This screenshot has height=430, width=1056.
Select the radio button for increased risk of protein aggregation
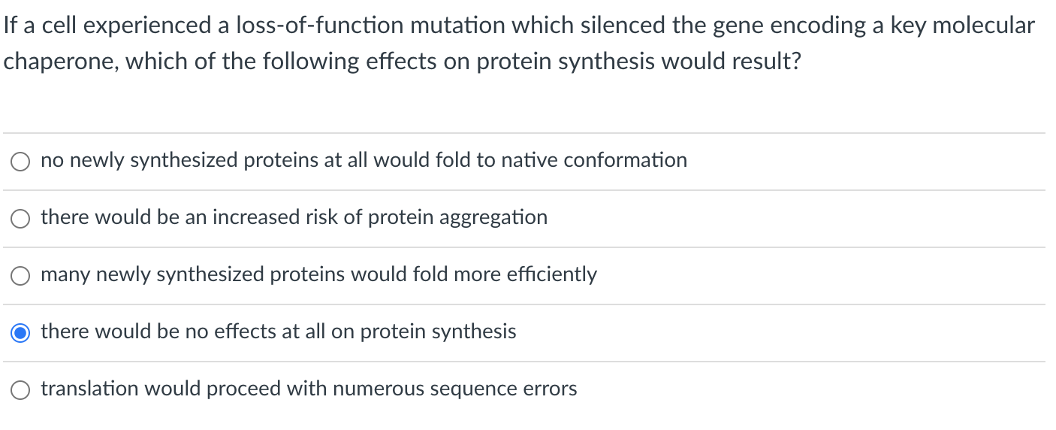[x=20, y=219]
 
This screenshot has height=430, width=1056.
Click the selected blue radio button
[x=20, y=333]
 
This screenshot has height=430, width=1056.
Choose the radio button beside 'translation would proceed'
[x=20, y=390]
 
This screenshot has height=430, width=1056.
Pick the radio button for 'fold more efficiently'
[x=20, y=276]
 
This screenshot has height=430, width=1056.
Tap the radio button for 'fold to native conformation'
[x=20, y=162]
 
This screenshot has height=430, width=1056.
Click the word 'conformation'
[x=625, y=160]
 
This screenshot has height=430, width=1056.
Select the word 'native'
[x=529, y=160]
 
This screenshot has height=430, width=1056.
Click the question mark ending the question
[x=795, y=62]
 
